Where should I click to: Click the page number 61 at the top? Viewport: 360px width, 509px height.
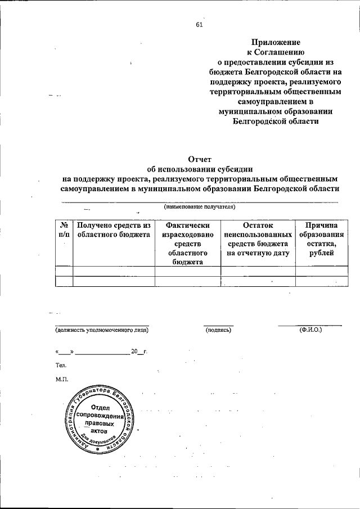point(199,24)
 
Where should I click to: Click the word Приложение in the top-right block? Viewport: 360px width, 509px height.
point(276,42)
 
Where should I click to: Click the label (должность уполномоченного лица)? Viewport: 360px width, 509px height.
point(102,330)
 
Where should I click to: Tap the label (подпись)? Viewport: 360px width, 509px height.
point(218,330)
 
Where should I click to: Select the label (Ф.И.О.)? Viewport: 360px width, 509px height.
point(310,330)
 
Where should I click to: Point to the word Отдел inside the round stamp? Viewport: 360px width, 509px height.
point(99,407)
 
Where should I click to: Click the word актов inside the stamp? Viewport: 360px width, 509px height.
point(98,430)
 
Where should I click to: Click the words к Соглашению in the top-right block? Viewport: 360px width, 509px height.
point(276,52)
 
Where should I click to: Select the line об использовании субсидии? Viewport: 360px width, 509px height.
point(199,169)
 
